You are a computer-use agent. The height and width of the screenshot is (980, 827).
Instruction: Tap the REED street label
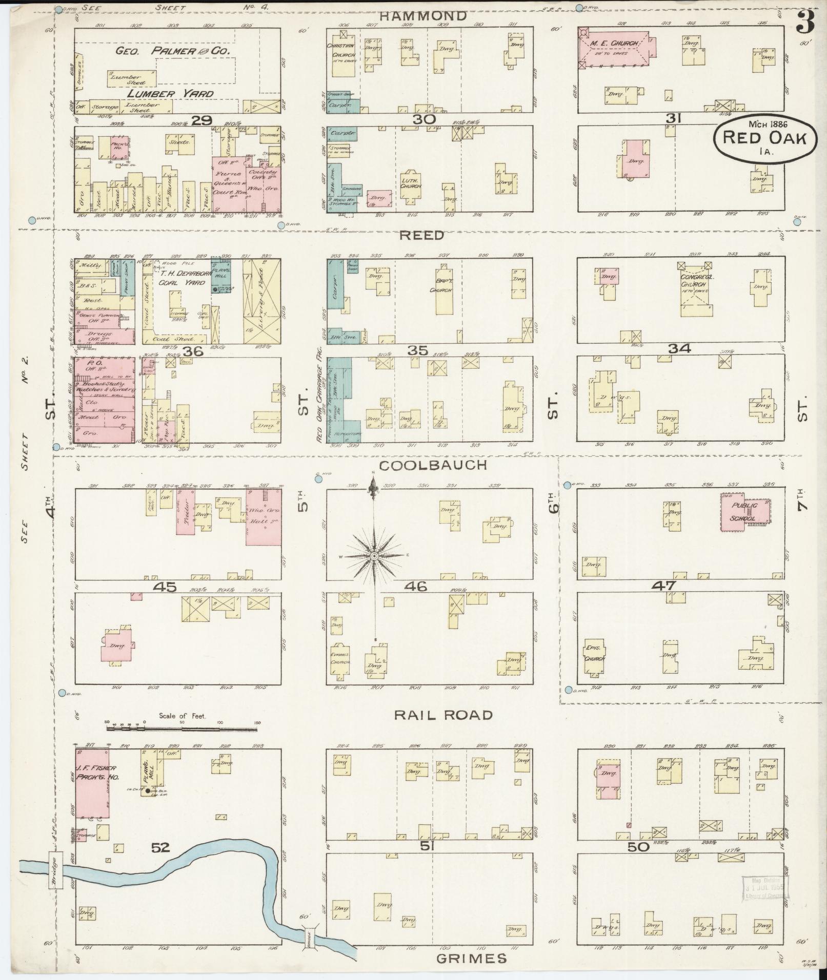click(421, 236)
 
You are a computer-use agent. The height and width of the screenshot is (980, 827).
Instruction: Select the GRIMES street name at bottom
click(472, 958)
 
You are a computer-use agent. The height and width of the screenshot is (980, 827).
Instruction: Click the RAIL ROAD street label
click(443, 715)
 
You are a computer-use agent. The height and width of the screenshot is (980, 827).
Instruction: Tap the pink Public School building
click(744, 512)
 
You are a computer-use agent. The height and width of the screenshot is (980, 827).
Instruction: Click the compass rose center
click(374, 556)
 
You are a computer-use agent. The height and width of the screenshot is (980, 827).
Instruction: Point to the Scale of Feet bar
click(182, 723)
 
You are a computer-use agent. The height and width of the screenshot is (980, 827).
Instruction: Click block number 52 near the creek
click(160, 848)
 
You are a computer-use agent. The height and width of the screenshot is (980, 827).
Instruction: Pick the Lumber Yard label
click(170, 94)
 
